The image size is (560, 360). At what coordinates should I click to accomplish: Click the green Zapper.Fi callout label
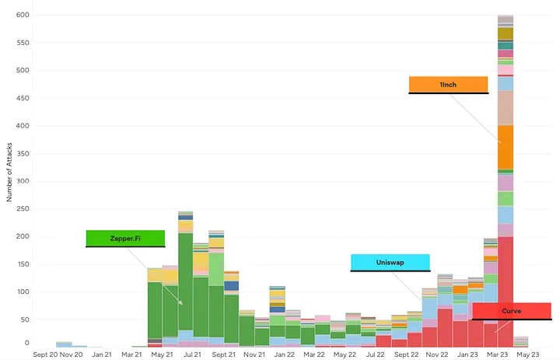coord(125,238)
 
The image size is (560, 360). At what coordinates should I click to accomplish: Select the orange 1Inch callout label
coord(448,84)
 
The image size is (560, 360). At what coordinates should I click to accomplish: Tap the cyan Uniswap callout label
coord(390,262)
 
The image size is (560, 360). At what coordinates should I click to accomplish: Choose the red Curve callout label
coord(511,311)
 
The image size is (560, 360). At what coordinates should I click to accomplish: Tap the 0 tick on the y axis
coord(26,343)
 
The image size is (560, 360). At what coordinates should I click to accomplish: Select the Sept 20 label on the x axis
coord(46,354)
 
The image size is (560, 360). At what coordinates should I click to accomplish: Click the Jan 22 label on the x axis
coord(284,354)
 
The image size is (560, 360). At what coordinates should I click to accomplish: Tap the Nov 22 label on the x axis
coord(436,354)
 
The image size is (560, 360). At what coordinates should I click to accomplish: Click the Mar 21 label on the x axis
coord(132,354)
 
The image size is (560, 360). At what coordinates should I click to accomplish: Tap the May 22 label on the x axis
coord(344,354)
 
